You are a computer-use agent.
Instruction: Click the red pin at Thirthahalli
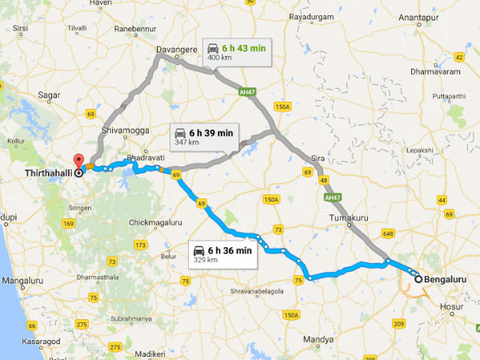[x=78, y=160]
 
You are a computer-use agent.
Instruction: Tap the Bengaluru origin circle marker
[x=418, y=279]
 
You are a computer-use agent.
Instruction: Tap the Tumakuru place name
[x=346, y=217]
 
